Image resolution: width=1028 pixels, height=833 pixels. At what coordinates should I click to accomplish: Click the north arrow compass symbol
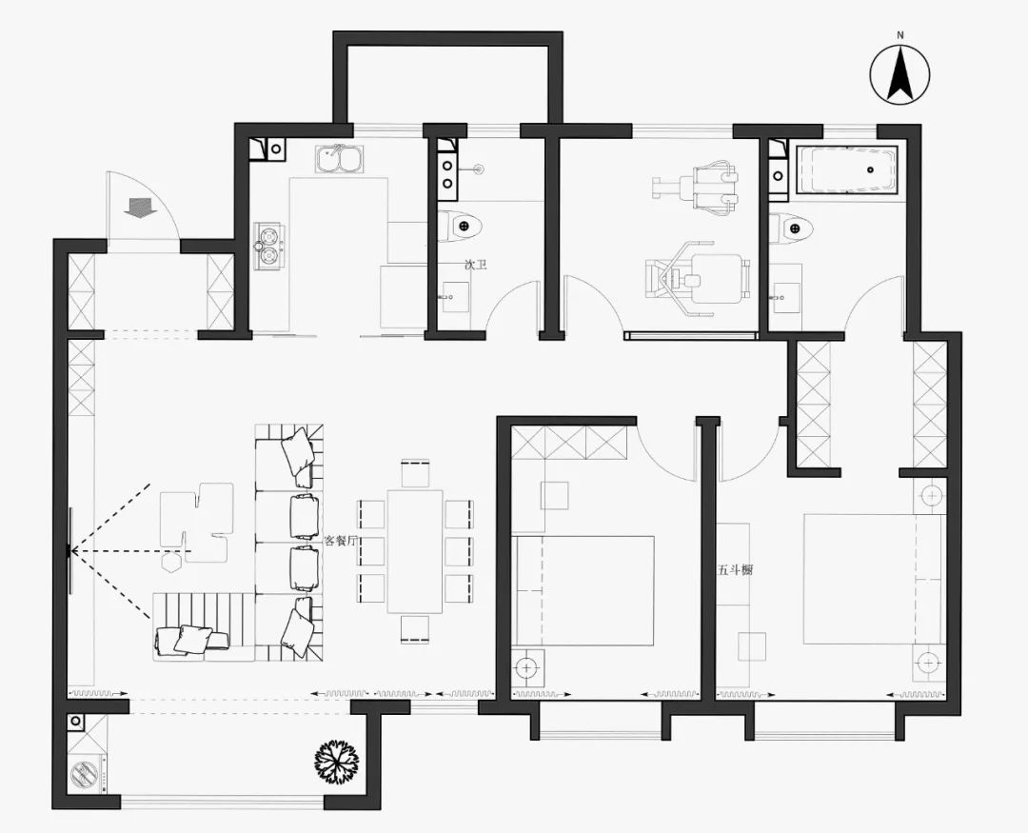point(900,74)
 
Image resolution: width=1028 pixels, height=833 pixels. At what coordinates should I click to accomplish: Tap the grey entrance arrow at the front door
point(139,208)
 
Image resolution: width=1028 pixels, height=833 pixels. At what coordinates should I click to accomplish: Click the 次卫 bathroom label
point(475,266)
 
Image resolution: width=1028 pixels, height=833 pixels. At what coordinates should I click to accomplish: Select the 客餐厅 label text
point(341,541)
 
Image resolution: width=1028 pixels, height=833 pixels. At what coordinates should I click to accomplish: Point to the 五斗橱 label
point(734,570)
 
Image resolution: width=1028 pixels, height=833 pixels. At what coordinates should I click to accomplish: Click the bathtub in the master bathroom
point(846,169)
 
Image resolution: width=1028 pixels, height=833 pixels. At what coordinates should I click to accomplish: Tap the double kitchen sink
point(339,159)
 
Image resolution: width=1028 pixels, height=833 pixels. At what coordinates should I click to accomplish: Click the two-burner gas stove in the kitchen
point(269,247)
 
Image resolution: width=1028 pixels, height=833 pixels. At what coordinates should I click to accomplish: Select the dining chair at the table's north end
point(415,473)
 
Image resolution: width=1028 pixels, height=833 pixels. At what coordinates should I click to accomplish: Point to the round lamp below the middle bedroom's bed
point(527,667)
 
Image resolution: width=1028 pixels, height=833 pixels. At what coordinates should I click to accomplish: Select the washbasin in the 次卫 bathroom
point(455,296)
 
